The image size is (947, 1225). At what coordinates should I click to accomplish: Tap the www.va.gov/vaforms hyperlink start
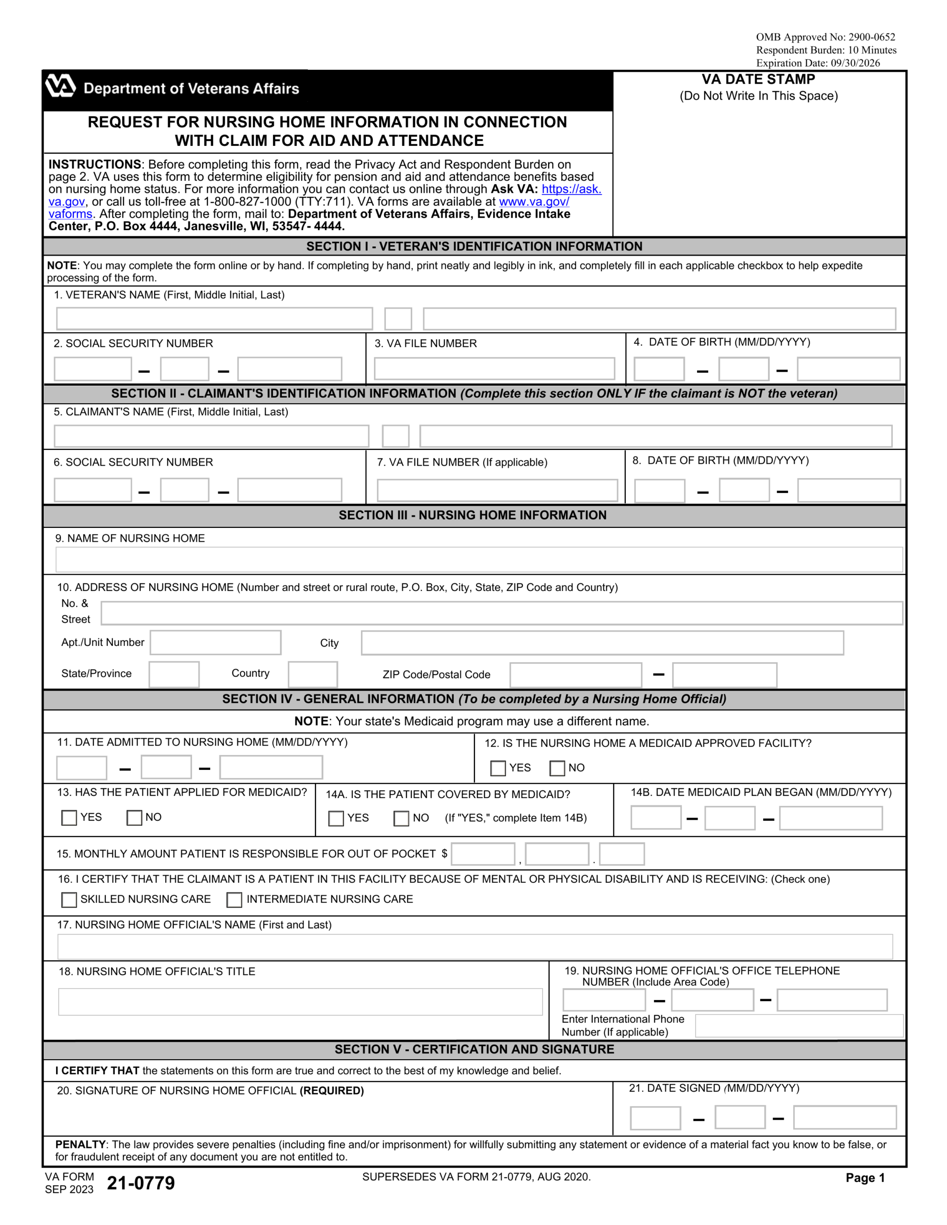[x=533, y=201]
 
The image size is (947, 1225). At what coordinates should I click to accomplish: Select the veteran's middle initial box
[x=397, y=319]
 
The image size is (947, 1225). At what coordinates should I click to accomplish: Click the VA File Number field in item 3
[x=494, y=368]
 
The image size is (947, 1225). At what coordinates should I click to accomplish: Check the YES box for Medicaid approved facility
[x=497, y=768]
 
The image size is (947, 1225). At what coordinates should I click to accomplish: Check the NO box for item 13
[x=134, y=817]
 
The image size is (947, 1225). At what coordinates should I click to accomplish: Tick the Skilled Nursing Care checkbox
[x=69, y=900]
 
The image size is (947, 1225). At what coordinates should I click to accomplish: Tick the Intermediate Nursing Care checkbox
[x=234, y=900]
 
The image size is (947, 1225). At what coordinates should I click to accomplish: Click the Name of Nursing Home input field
[x=478, y=559]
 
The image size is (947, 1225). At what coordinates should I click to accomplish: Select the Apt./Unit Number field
[x=215, y=642]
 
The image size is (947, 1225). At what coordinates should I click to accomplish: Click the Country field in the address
[x=312, y=674]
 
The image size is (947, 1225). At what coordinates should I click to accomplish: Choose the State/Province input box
[x=173, y=674]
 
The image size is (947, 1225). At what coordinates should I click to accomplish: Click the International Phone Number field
[x=798, y=1025]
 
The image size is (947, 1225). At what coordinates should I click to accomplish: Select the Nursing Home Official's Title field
[x=300, y=1001]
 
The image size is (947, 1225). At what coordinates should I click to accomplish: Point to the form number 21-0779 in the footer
[x=140, y=1183]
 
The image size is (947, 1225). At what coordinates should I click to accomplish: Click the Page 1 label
[x=865, y=1178]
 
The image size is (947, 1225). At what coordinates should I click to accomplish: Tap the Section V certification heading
[x=474, y=1049]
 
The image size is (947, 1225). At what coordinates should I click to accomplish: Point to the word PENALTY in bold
[x=80, y=1144]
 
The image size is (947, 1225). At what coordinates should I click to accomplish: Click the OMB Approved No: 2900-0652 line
[x=825, y=37]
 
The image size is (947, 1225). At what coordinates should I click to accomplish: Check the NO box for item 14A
[x=401, y=818]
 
